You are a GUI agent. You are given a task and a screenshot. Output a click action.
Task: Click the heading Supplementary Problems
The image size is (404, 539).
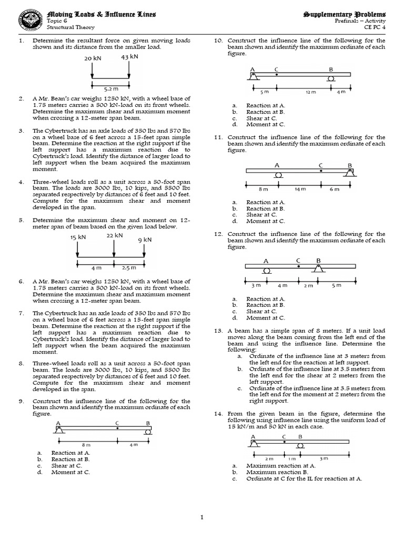pyautogui.click(x=345, y=13)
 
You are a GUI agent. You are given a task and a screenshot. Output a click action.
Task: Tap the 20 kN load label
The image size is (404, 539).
pyautogui.click(x=92, y=58)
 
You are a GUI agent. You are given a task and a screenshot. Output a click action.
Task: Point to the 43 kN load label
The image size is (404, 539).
pyautogui.click(x=129, y=57)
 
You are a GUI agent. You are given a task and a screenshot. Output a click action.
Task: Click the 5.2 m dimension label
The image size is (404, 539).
pyautogui.click(x=110, y=89)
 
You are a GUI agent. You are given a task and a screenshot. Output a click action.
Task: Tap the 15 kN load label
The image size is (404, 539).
pyautogui.click(x=78, y=237)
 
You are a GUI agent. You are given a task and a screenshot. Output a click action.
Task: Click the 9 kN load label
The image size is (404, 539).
pyautogui.click(x=145, y=240)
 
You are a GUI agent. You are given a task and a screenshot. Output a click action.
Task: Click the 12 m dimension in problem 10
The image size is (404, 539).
pyautogui.click(x=310, y=92)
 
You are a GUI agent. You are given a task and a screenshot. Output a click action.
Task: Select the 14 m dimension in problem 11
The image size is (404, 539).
pyautogui.click(x=300, y=188)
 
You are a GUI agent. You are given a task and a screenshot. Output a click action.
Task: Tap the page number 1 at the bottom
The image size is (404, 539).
pyautogui.click(x=201, y=518)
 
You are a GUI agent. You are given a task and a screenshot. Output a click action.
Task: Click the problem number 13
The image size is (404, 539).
pyautogui.click(x=218, y=331)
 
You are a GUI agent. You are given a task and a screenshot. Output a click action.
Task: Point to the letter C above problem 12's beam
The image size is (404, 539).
pyautogui.click(x=298, y=260)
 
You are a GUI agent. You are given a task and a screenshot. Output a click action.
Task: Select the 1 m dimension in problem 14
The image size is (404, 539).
pyautogui.click(x=292, y=458)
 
